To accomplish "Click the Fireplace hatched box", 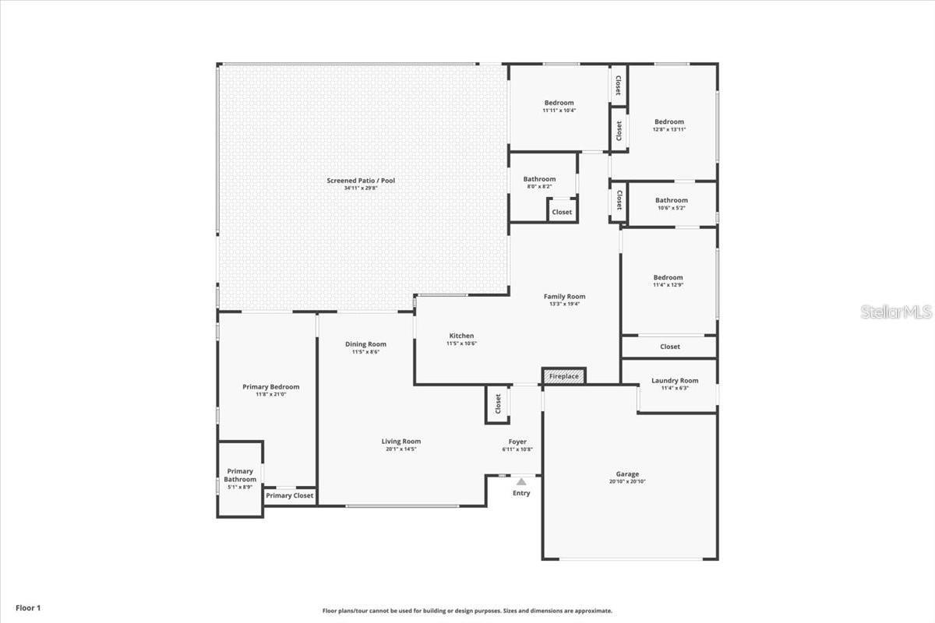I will click(x=563, y=376).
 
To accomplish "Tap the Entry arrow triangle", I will click(x=521, y=482).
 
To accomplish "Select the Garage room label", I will click(x=627, y=474).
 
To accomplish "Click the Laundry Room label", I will click(x=675, y=381).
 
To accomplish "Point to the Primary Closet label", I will click(x=290, y=495).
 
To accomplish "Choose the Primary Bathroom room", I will click(x=240, y=479).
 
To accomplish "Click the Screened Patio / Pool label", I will click(x=361, y=181).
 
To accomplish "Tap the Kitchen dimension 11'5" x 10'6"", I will click(x=461, y=343).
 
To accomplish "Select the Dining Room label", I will click(x=365, y=344).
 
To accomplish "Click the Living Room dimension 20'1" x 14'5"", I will click(x=400, y=449).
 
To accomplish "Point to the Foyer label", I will click(x=517, y=442).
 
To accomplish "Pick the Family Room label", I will click(x=564, y=296).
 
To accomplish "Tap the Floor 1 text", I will click(x=26, y=607).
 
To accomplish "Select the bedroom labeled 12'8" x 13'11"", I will click(x=669, y=125).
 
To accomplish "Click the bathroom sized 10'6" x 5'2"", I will click(x=671, y=204).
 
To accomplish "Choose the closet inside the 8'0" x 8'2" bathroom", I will click(x=562, y=212).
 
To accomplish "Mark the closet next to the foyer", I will click(x=498, y=404).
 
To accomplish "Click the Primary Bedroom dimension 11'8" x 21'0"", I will click(x=270, y=395).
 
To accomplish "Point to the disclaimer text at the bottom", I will click(x=467, y=611).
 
